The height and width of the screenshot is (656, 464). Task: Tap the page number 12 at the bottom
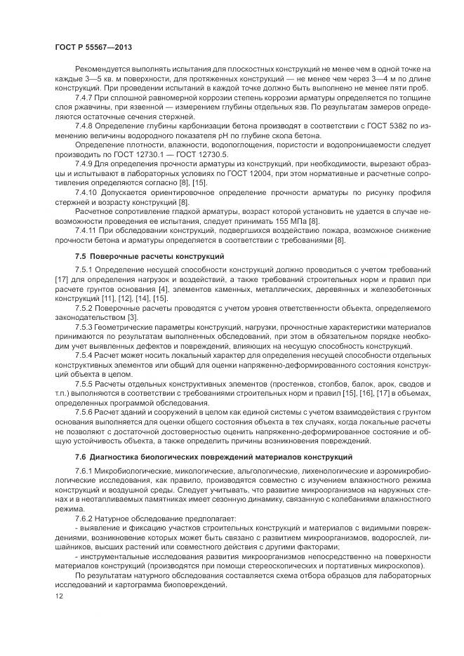(x=58, y=596)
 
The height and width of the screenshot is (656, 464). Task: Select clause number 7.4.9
(x=85, y=163)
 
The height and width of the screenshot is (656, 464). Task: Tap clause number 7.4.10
(x=87, y=192)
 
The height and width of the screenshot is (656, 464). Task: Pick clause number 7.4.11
(x=86, y=231)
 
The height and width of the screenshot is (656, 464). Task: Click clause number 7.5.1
(x=85, y=270)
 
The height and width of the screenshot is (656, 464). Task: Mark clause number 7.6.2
(x=85, y=517)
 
